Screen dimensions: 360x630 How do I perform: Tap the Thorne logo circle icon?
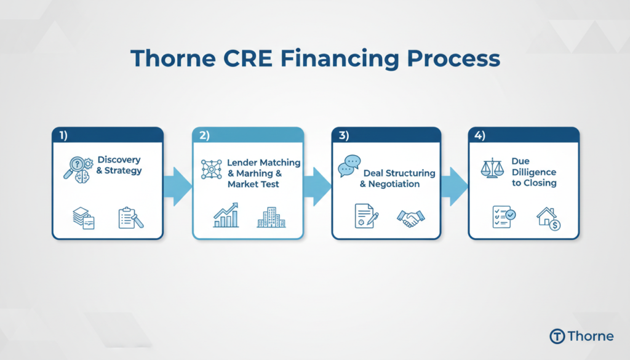[x=557, y=336]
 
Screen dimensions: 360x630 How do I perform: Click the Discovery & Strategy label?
[x=119, y=166]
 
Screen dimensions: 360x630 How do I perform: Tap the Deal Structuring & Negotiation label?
[x=398, y=178]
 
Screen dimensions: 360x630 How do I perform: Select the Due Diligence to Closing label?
[x=533, y=172]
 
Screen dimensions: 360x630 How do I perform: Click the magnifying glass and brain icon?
[x=78, y=167]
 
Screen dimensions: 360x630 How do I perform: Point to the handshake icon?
[x=410, y=217]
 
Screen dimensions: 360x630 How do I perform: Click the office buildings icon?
[x=270, y=217]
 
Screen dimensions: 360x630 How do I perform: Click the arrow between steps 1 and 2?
[x=178, y=183]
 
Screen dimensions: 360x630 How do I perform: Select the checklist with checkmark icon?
[x=504, y=217]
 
